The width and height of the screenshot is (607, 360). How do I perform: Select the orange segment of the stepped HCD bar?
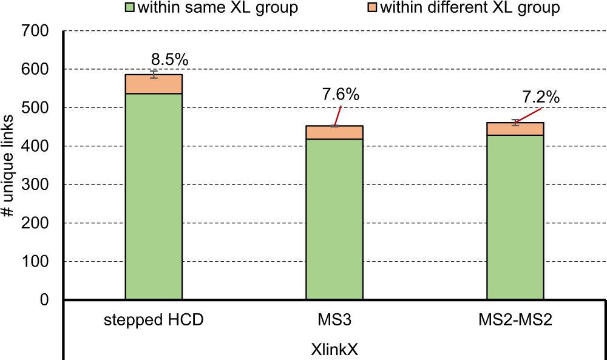pos(154,84)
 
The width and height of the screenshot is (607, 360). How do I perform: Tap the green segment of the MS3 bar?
pos(334,219)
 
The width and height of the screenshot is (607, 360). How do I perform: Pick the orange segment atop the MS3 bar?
pos(334,132)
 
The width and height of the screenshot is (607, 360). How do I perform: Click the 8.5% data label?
pos(170,59)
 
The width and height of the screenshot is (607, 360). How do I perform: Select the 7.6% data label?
pos(341,95)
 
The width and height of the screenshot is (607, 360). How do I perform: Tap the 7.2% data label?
pos(540,97)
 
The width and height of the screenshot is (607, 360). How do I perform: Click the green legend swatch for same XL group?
pos(129,8)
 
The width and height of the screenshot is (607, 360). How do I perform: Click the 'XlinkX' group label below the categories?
pos(334,350)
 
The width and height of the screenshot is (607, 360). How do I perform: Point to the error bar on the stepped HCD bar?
pos(154,74)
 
